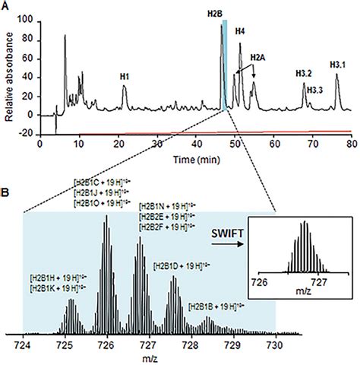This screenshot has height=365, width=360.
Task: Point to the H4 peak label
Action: (240, 31)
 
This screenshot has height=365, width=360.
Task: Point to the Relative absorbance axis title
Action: (8, 68)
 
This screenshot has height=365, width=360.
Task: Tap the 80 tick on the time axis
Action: (352, 142)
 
